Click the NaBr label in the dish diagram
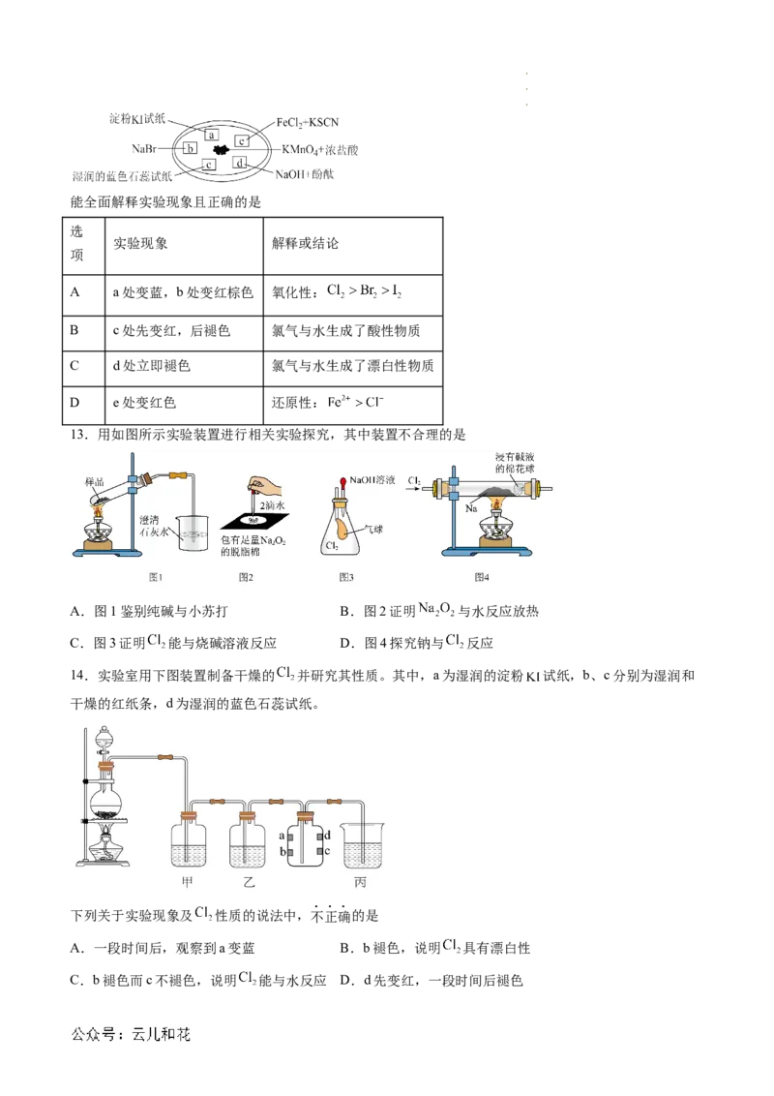(144, 149)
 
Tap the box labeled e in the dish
(242, 141)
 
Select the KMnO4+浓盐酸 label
(320, 149)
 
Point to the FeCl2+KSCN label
(308, 122)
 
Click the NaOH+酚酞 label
(305, 174)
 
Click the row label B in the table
(74, 329)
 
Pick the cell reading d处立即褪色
(152, 366)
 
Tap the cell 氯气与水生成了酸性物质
(345, 330)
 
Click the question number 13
(78, 435)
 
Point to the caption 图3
(346, 577)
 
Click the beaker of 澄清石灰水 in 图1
(192, 533)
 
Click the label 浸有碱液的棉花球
(515, 463)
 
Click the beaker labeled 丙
(362, 844)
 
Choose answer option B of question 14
(435, 948)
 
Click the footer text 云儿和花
(161, 1034)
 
